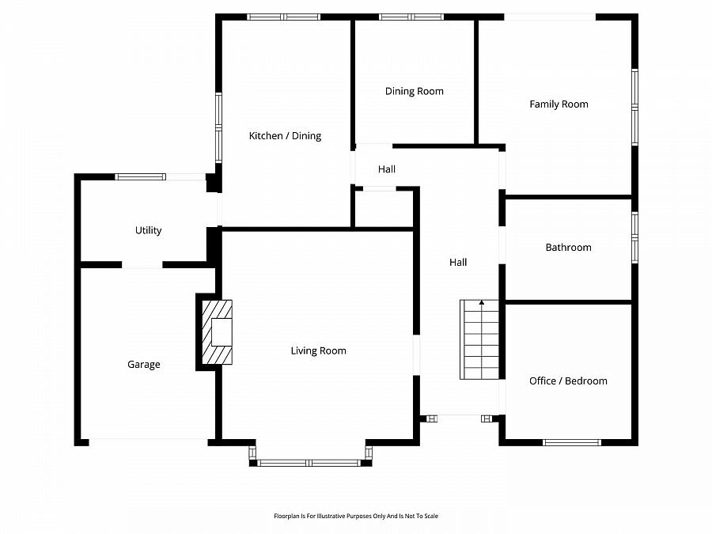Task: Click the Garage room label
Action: click(x=144, y=365)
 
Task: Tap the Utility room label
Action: click(x=148, y=230)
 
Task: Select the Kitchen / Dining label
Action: click(x=285, y=136)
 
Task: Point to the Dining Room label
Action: click(x=415, y=91)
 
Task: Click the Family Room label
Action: click(x=559, y=104)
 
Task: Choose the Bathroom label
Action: click(x=568, y=248)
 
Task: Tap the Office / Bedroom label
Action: click(x=568, y=381)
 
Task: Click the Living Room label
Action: click(x=318, y=350)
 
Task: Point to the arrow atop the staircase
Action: click(x=482, y=303)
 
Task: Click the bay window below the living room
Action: click(x=310, y=463)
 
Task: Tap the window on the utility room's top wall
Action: click(x=140, y=176)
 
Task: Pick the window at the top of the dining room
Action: click(x=411, y=17)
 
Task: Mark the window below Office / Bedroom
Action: click(x=571, y=442)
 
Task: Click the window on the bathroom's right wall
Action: click(x=634, y=237)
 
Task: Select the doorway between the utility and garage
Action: click(x=142, y=265)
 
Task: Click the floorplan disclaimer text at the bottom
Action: click(x=356, y=516)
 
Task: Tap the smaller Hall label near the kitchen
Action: click(x=387, y=169)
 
